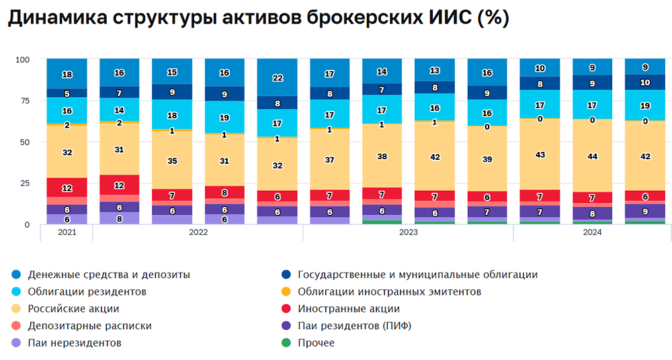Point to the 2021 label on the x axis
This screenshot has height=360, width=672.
67,232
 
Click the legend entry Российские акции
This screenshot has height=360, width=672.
73,309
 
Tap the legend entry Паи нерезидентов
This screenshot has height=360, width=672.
75,343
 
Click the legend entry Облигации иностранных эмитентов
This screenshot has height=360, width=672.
389,291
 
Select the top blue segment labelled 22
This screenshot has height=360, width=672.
277,78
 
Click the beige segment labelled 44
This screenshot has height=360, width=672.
592,155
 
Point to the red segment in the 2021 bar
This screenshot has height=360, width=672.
67,187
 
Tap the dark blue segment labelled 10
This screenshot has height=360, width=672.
645,82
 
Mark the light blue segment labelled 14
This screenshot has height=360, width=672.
120,109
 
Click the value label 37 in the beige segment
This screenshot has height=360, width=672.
329,160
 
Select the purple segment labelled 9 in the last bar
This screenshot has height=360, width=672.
645,212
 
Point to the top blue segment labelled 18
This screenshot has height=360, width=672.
67,74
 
